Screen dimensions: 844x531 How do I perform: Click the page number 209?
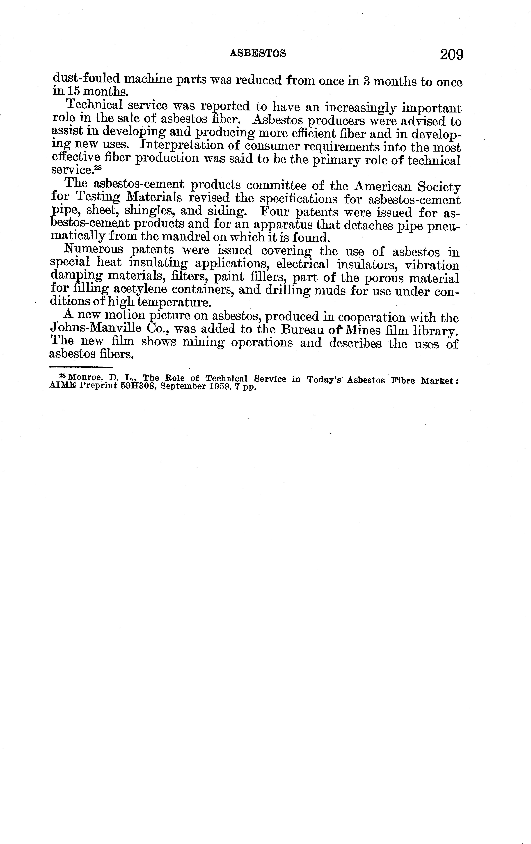(452, 55)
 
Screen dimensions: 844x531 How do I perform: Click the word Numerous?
(94, 250)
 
